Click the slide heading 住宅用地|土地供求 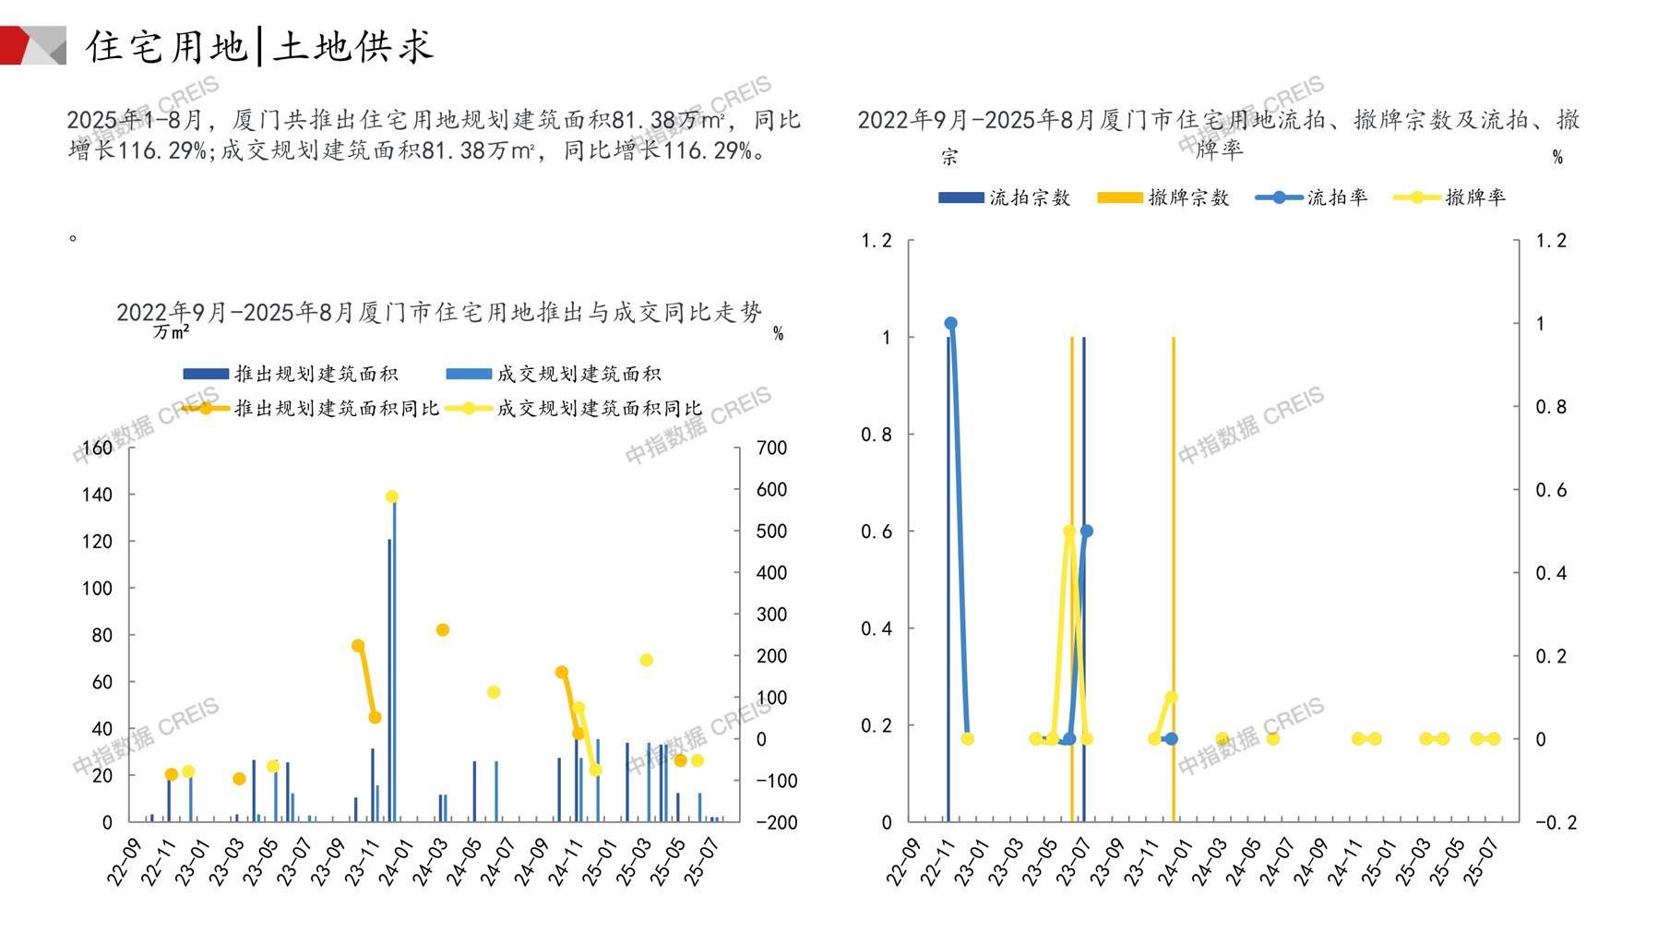pyautogui.click(x=259, y=46)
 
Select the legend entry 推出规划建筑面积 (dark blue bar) pyautogui.click(x=292, y=374)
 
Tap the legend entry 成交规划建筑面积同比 pyautogui.click(x=574, y=408)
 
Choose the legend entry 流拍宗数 pyautogui.click(x=1005, y=197)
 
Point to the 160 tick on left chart pyautogui.click(x=97, y=448)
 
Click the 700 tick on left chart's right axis pyautogui.click(x=771, y=448)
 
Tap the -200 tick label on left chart pyautogui.click(x=776, y=822)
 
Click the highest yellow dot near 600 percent pyautogui.click(x=391, y=496)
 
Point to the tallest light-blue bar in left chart pyautogui.click(x=395, y=660)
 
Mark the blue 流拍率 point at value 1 pyautogui.click(x=950, y=324)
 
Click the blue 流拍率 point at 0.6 pyautogui.click(x=1086, y=531)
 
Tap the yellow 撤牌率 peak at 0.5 pyautogui.click(x=1069, y=531)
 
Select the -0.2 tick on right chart pyautogui.click(x=1556, y=822)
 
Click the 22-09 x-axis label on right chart pyautogui.click(x=903, y=864)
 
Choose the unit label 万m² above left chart pyautogui.click(x=172, y=332)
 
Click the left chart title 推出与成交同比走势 pyautogui.click(x=439, y=313)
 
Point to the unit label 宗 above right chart pyautogui.click(x=949, y=158)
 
